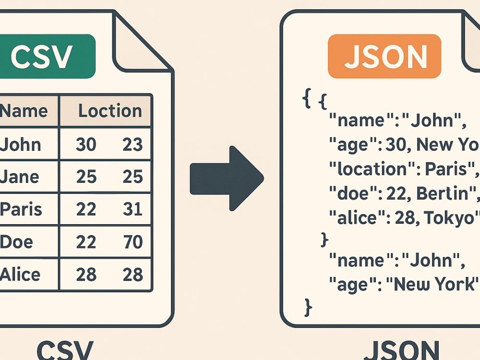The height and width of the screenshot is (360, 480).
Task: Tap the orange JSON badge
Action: coord(384,56)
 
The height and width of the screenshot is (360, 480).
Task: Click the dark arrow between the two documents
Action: coord(227,179)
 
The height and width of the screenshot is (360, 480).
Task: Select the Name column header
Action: coord(24,110)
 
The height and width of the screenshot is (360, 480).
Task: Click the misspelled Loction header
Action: coord(110,110)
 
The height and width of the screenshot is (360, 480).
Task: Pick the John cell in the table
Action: coord(21,144)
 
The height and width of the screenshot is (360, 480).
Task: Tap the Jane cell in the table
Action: coord(20,177)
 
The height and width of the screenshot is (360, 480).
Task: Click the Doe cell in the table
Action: coord(16,242)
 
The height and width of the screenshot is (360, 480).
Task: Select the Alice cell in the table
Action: coord(20,274)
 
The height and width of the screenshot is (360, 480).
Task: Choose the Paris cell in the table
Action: coord(21,209)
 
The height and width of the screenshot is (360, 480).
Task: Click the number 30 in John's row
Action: coord(86,144)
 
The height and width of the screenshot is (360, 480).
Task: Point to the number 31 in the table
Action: coord(132,209)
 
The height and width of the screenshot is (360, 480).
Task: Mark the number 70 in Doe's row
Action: coord(133,242)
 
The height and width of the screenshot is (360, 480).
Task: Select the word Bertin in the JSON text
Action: coord(443,193)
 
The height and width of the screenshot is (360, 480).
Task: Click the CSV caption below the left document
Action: coord(65,350)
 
